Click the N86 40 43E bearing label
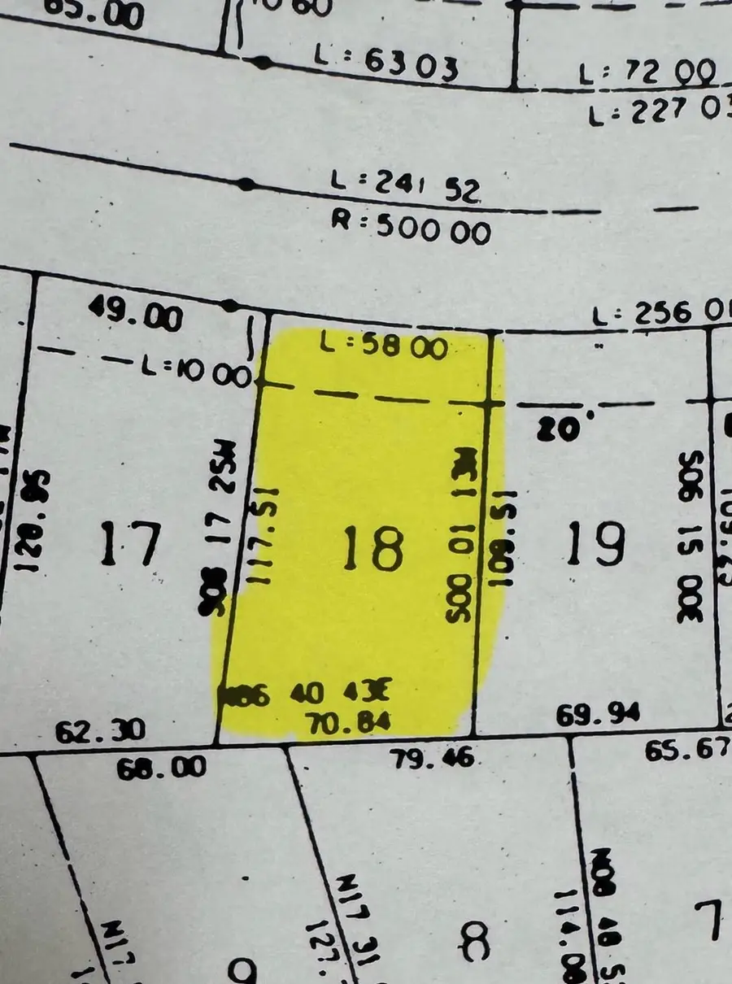pos(308,694)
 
